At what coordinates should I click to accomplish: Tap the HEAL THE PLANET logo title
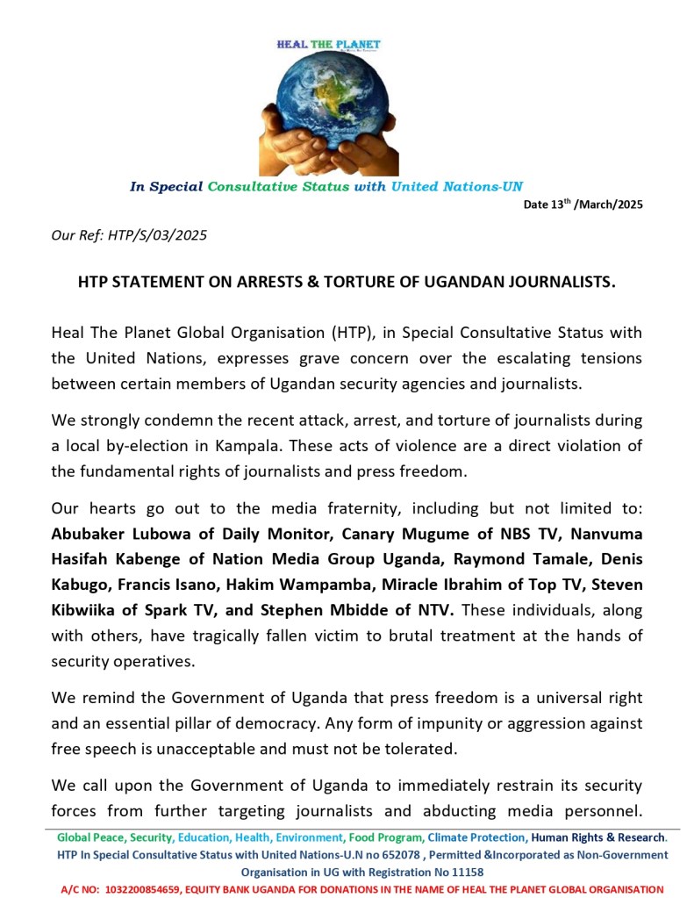pyautogui.click(x=328, y=44)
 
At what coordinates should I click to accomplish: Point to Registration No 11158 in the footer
pyautogui.click(x=440, y=873)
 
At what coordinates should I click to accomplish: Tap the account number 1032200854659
pyautogui.click(x=157, y=889)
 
